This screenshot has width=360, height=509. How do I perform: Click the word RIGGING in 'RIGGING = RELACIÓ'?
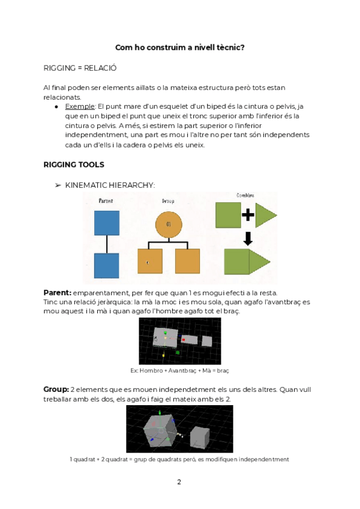pyautogui.click(x=60, y=68)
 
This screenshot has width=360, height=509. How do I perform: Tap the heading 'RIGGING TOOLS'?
pyautogui.click(x=74, y=164)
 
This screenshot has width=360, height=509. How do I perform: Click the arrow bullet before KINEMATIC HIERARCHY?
pyautogui.click(x=58, y=185)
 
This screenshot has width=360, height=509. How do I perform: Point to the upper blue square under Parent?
pyautogui.click(x=107, y=223)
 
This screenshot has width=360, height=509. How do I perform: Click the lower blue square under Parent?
pyautogui.click(x=107, y=265)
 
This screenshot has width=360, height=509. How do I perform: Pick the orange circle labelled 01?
pyautogui.click(x=169, y=224)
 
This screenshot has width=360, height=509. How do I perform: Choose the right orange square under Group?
pyautogui.click(x=187, y=261)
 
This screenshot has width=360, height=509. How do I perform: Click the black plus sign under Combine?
pyautogui.click(x=248, y=215)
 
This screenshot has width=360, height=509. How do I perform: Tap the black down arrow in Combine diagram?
pyautogui.click(x=248, y=238)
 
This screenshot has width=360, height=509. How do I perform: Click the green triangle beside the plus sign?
pyautogui.click(x=265, y=215)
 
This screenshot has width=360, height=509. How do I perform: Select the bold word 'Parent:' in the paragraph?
pyautogui.click(x=57, y=292)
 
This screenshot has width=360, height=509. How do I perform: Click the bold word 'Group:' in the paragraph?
pyautogui.click(x=56, y=390)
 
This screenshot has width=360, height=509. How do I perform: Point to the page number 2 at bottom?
pyautogui.click(x=179, y=481)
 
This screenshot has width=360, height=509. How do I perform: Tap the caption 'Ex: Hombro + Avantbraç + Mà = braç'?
pyautogui.click(x=179, y=370)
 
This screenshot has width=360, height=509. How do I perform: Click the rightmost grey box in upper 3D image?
pyautogui.click(x=206, y=341)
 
